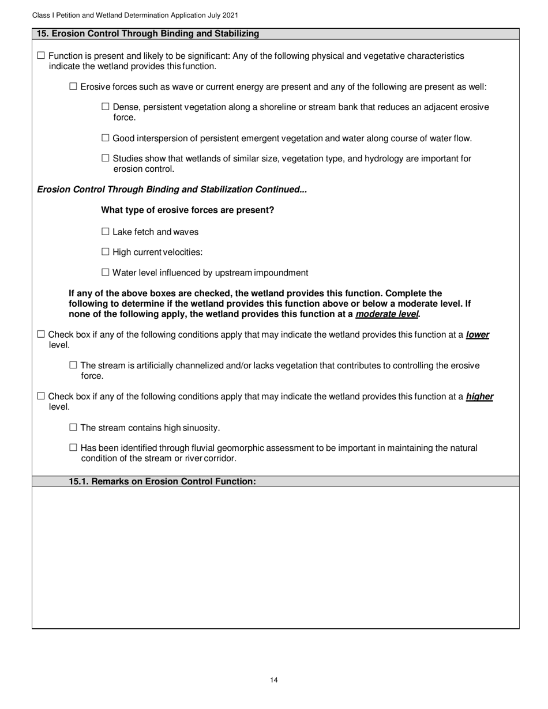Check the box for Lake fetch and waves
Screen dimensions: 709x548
coord(105,232)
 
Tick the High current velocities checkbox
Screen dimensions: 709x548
coord(105,252)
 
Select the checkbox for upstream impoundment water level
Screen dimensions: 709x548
coord(105,272)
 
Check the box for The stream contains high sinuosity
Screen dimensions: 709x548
coord(73,427)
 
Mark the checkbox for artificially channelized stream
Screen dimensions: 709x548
coord(73,365)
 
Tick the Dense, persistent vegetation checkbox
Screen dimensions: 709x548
coord(105,107)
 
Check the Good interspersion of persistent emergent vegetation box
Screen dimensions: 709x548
coord(105,138)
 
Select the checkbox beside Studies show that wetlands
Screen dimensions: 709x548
coord(105,158)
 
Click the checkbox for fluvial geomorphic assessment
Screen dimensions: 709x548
coord(73,447)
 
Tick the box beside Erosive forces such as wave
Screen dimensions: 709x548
coord(73,86)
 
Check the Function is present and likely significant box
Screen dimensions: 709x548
coord(40,56)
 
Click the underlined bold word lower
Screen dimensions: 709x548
coord(477,335)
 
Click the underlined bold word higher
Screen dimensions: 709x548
coord(479,397)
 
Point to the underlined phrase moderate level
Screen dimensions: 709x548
coord(386,314)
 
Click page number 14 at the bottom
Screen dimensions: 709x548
coord(274,680)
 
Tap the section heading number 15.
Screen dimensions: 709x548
coord(42,34)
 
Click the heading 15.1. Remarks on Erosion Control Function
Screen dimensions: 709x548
coord(162,481)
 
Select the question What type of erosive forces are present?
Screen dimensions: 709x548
coord(187,210)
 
